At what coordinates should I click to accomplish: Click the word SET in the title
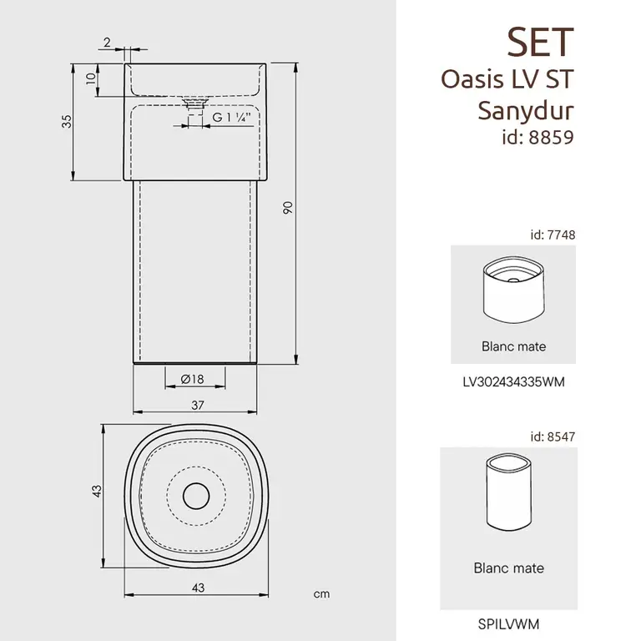541,42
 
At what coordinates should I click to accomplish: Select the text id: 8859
538,138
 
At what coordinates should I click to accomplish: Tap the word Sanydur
526,110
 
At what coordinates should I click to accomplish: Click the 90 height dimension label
288,208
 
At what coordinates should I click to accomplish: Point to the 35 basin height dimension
67,121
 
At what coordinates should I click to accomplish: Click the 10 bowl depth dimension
91,78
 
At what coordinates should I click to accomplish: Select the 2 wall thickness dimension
107,42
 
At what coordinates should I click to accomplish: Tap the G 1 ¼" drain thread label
231,118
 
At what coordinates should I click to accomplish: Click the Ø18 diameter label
192,380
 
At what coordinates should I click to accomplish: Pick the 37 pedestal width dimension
198,405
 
